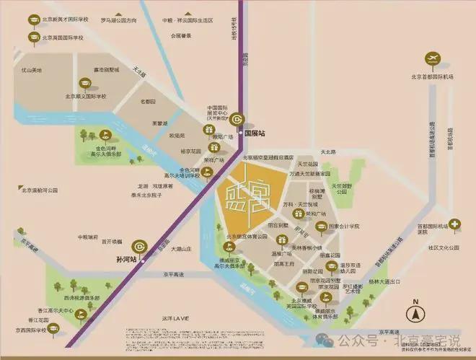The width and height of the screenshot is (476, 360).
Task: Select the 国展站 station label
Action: click(255, 133)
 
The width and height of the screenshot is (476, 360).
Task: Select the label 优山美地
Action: click(32, 70)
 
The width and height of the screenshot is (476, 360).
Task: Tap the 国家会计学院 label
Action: click(345, 225)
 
